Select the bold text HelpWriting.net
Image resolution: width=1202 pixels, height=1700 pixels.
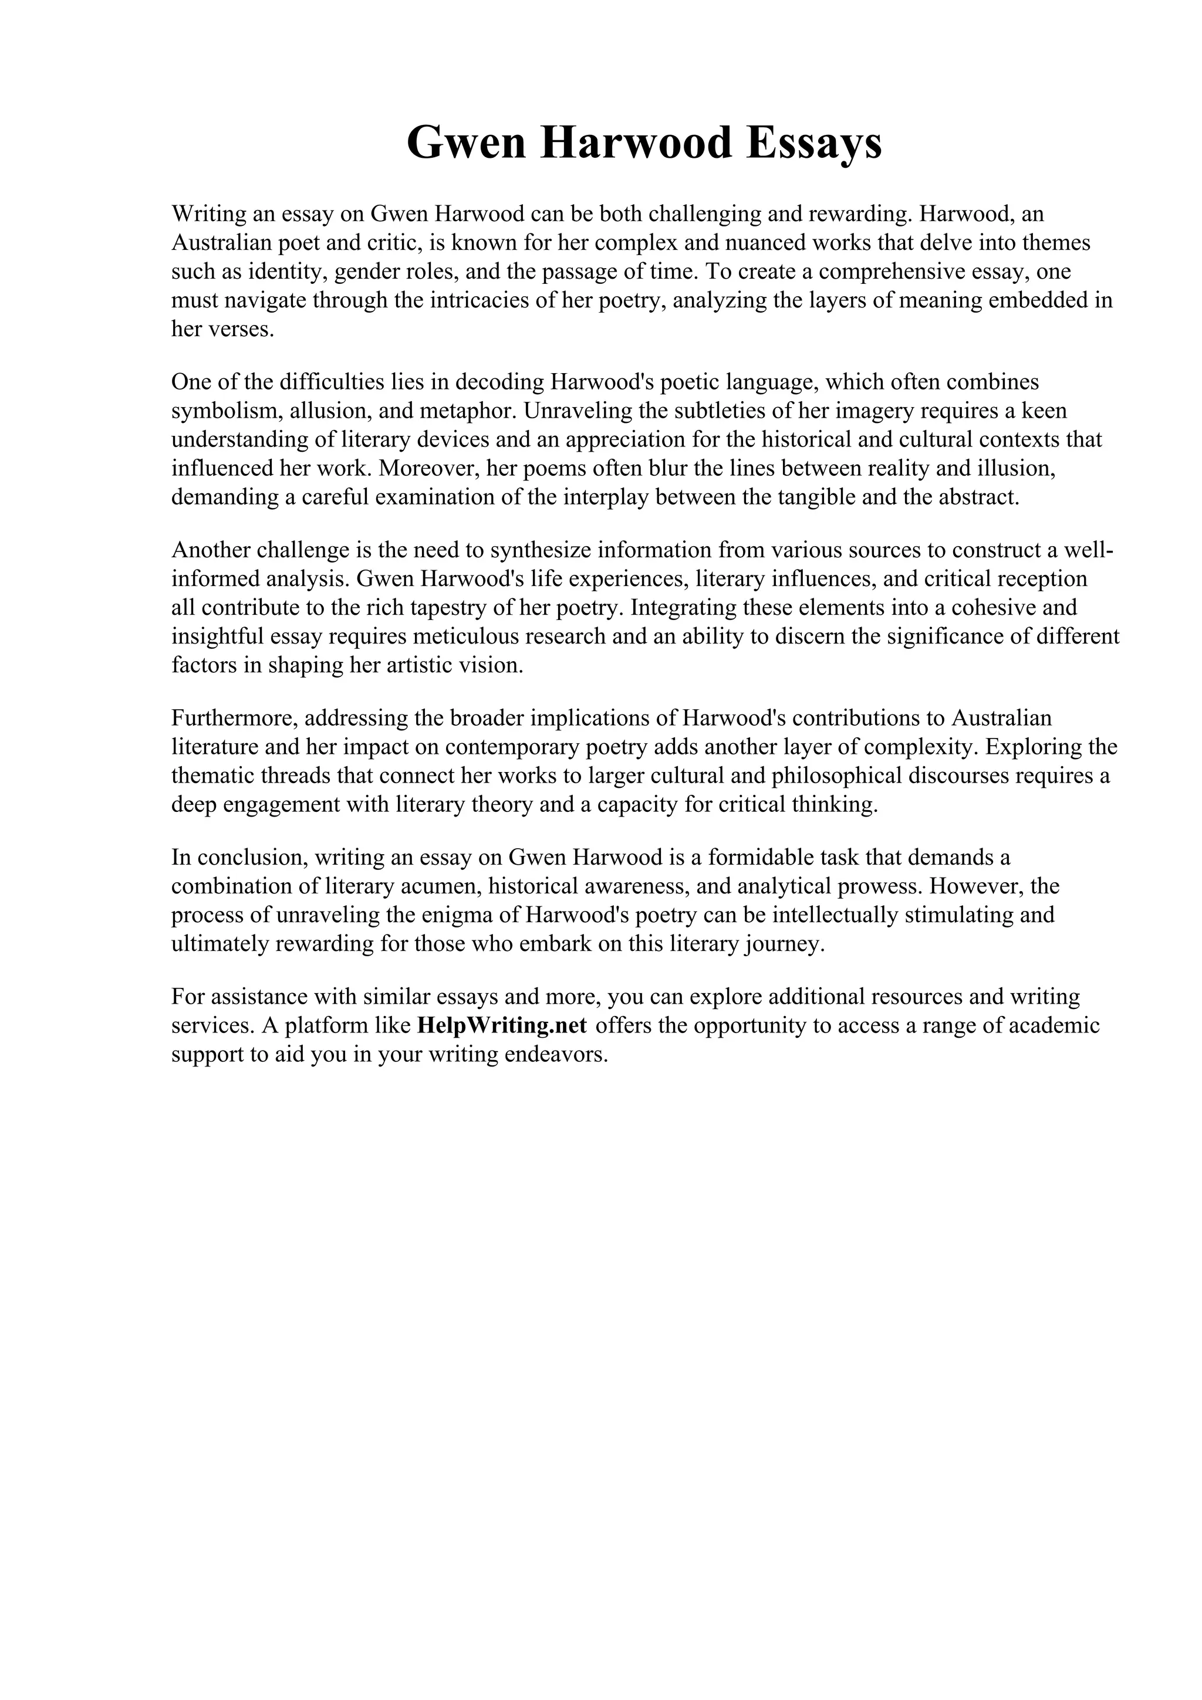(502, 1025)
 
